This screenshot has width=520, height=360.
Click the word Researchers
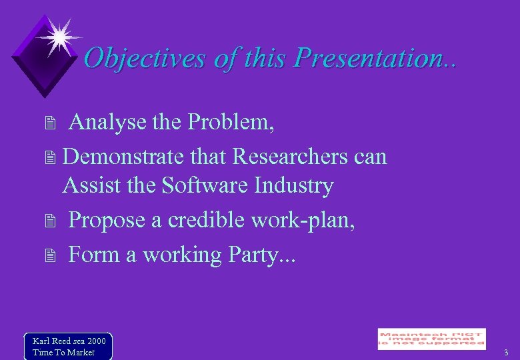[x=289, y=157]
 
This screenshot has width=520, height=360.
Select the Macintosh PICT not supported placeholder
[x=431, y=339]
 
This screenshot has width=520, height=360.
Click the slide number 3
[x=506, y=352]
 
